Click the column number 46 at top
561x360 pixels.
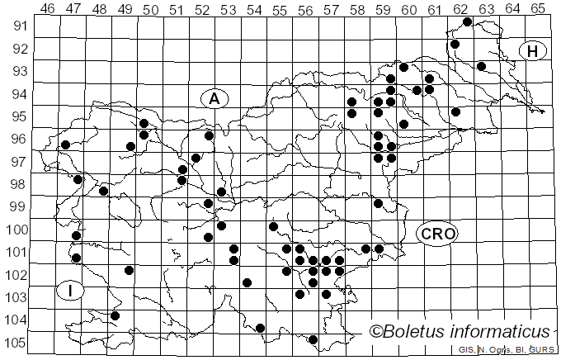click(x=47, y=9)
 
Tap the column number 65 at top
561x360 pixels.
click(x=537, y=9)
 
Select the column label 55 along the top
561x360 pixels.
click(x=279, y=9)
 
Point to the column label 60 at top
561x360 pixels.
click(x=408, y=9)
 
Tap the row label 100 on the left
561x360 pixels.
click(x=16, y=230)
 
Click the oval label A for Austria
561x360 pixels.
click(x=214, y=99)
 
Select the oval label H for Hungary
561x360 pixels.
click(x=533, y=51)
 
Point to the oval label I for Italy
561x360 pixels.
click(x=71, y=291)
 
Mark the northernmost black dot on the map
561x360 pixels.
click(x=468, y=21)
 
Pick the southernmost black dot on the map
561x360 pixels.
click(x=313, y=339)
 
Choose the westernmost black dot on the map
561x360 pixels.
click(x=65, y=145)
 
